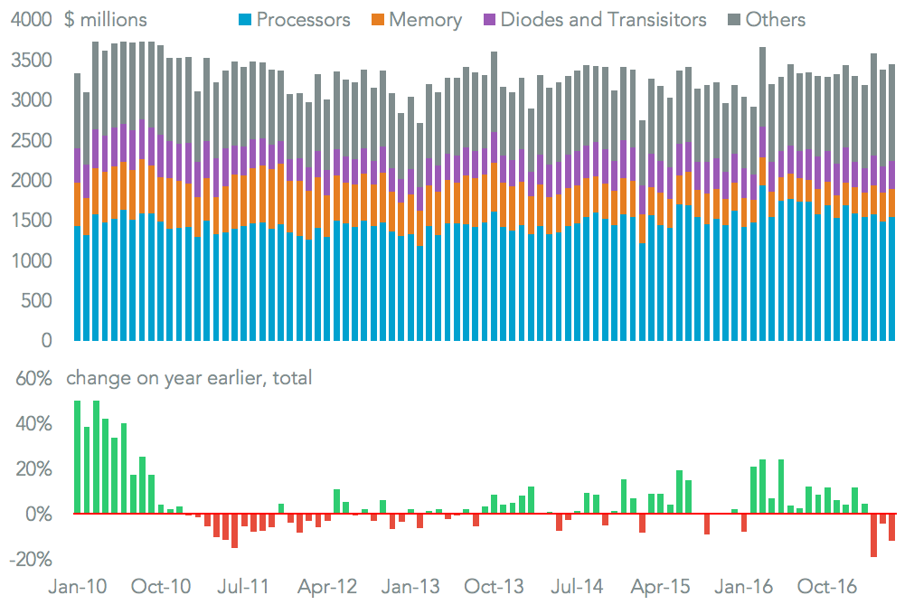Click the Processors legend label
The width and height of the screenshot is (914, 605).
click(x=304, y=19)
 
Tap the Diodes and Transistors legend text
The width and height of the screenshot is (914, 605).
click(x=605, y=19)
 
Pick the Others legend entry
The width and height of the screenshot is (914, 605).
click(x=775, y=19)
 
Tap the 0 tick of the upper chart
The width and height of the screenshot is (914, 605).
click(x=44, y=341)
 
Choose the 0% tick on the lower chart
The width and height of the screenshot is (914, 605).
click(x=33, y=515)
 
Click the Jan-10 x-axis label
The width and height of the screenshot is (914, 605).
click(x=77, y=586)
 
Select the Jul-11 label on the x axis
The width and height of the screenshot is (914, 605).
click(x=244, y=586)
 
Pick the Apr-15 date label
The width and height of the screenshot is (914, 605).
click(x=660, y=586)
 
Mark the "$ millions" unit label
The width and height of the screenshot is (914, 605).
click(x=106, y=19)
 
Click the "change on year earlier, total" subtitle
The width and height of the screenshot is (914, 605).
click(x=189, y=378)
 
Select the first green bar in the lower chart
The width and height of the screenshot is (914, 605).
click(x=78, y=458)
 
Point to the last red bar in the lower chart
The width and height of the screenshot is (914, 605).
click(x=891, y=527)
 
